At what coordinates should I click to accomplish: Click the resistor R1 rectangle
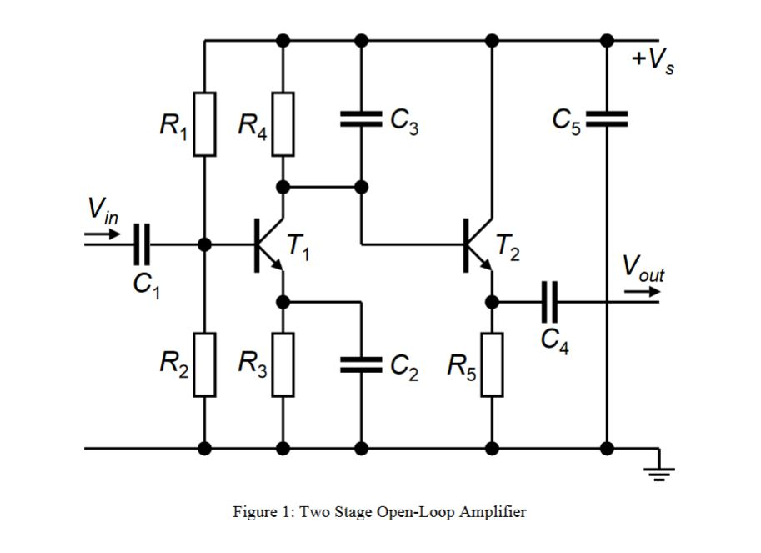pyautogui.click(x=205, y=124)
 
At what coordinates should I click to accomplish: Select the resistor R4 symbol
pyautogui.click(x=283, y=124)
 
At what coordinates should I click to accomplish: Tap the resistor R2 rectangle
pyautogui.click(x=205, y=364)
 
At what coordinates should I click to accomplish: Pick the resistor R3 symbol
pyautogui.click(x=283, y=364)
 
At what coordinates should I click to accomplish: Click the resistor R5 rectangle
pyautogui.click(x=493, y=364)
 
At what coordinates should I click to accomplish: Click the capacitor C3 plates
pyautogui.click(x=362, y=120)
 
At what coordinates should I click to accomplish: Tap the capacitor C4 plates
pyautogui.click(x=549, y=301)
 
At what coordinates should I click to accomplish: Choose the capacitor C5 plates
pyautogui.click(x=607, y=120)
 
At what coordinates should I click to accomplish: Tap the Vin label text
pyautogui.click(x=103, y=209)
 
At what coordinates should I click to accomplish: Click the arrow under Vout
pyautogui.click(x=643, y=293)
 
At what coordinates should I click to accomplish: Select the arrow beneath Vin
pyautogui.click(x=102, y=234)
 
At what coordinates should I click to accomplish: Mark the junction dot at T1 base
pyautogui.click(x=205, y=244)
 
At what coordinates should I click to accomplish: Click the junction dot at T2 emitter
pyautogui.click(x=493, y=301)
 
